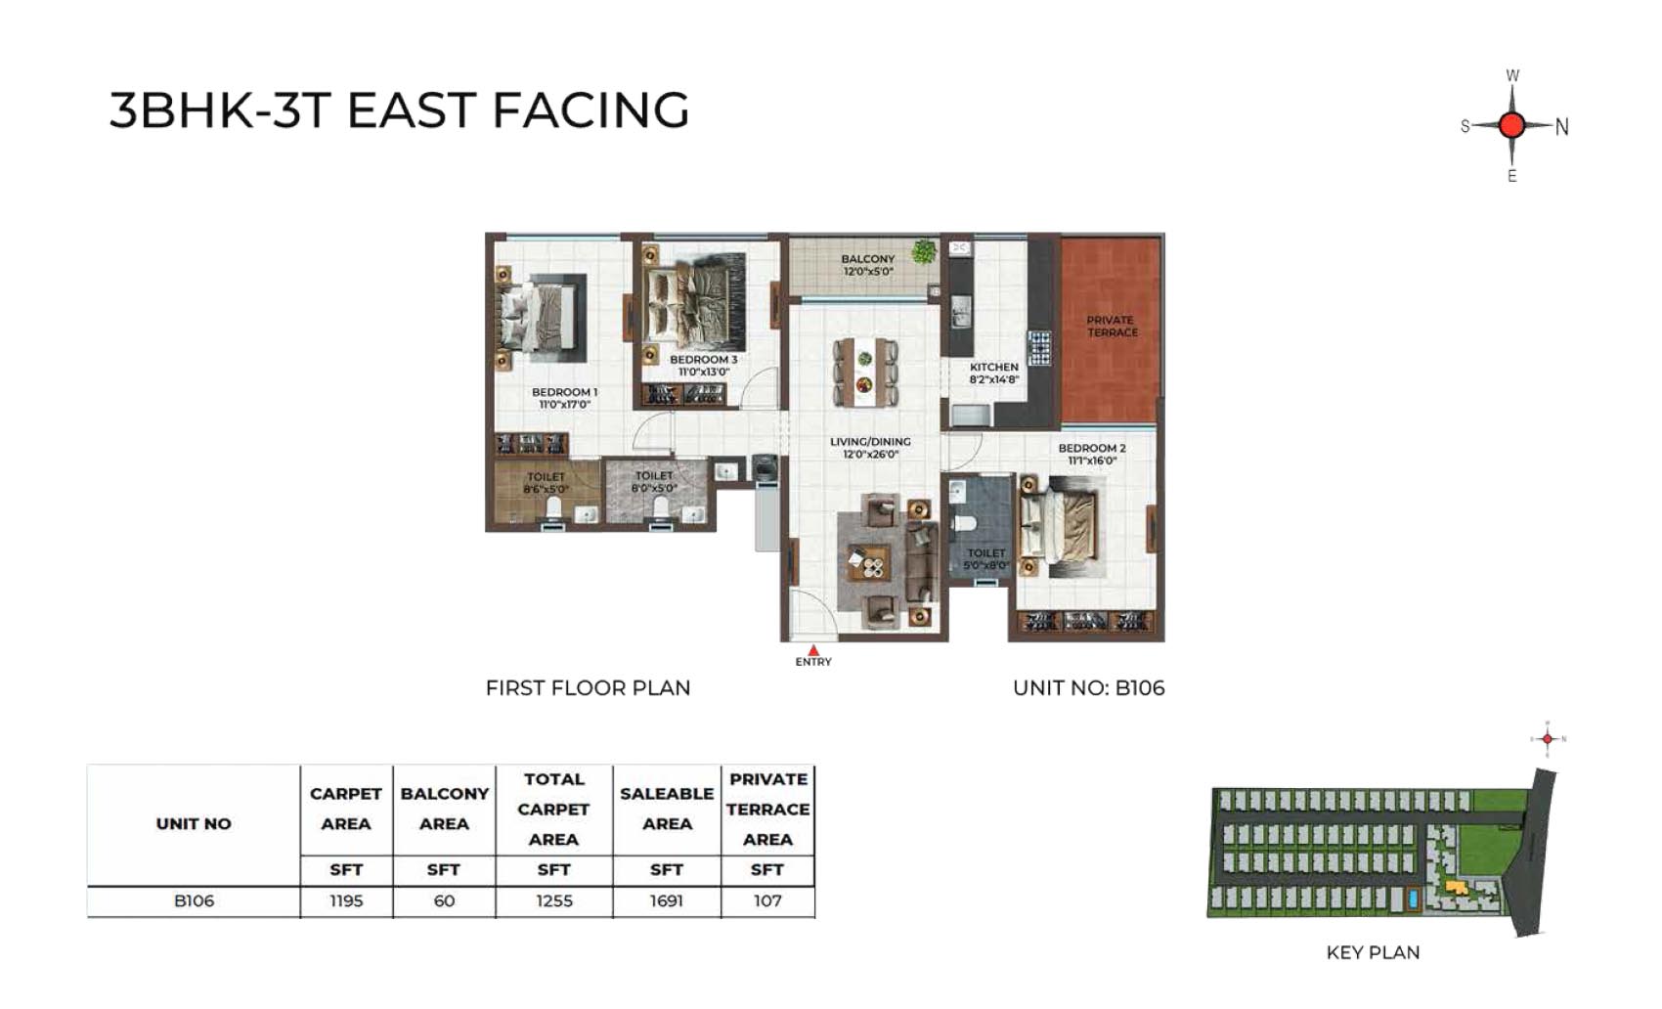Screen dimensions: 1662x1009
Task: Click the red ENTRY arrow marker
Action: [813, 650]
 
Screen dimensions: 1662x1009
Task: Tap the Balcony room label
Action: [867, 259]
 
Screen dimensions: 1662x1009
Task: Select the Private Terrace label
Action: [1112, 327]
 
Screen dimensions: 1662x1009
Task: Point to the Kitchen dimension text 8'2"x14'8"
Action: [994, 379]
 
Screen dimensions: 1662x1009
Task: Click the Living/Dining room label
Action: [869, 442]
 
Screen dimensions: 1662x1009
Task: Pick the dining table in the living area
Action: [865, 373]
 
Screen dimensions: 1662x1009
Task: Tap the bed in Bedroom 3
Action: [694, 309]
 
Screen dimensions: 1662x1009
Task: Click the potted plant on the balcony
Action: [925, 251]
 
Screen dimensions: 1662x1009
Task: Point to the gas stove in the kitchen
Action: [1039, 348]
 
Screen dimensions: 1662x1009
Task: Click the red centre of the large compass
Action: [1511, 125]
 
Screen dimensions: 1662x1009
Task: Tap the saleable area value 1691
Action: [667, 900]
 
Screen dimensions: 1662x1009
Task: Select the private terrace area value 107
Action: [767, 900]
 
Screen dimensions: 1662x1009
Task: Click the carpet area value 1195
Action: [346, 900]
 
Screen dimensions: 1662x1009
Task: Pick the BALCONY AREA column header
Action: [445, 809]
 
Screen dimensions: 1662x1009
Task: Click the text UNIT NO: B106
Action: [1088, 687]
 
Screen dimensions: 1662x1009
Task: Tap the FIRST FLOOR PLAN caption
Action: [588, 687]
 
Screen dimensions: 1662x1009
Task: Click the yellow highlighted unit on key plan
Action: [1456, 887]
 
